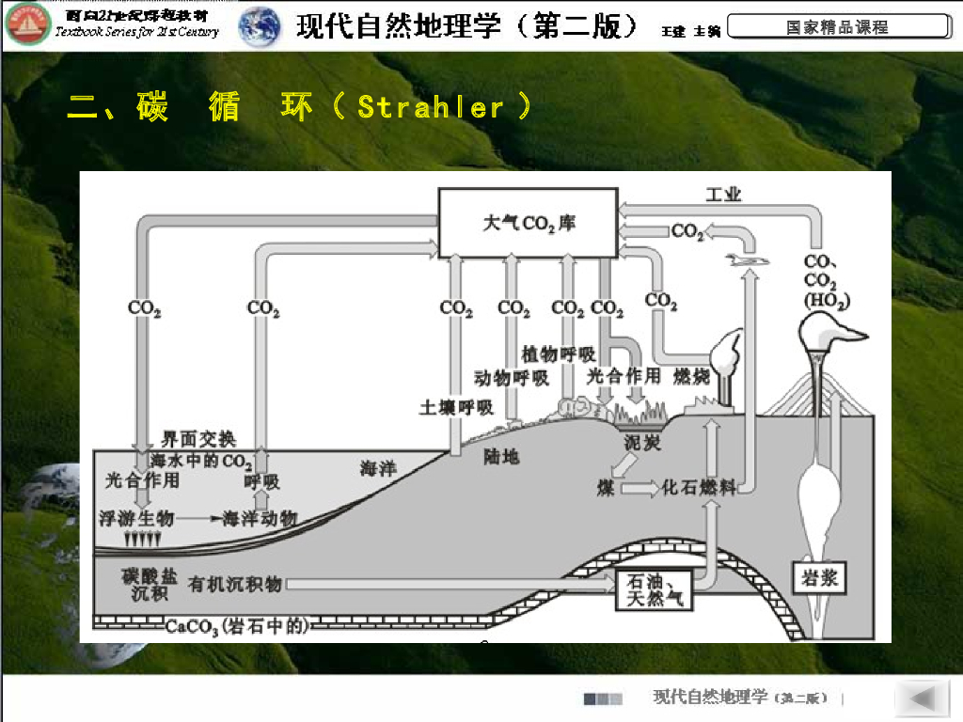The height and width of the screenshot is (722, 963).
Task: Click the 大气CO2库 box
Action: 529,223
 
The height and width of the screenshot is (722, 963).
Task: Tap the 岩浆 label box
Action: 815,576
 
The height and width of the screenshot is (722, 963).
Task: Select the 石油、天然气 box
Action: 655,589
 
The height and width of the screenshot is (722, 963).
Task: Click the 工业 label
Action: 724,195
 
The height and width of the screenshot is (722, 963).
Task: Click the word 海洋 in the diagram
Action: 378,468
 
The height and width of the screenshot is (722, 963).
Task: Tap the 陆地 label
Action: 501,457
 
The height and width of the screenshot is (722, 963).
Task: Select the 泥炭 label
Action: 642,442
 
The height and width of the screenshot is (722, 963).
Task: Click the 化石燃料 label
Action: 699,487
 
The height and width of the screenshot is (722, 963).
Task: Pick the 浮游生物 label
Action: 137,518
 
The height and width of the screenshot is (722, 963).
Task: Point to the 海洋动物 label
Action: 260,518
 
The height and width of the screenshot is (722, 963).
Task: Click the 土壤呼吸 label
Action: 456,407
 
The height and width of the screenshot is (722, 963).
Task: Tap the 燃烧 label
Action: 692,377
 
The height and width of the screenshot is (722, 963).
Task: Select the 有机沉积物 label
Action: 235,585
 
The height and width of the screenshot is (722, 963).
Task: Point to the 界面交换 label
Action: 198,439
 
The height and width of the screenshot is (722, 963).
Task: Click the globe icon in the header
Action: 260,27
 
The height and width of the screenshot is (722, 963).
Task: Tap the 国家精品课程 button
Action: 837,27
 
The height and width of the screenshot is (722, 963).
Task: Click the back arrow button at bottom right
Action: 923,698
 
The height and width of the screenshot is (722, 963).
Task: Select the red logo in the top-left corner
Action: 27,26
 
